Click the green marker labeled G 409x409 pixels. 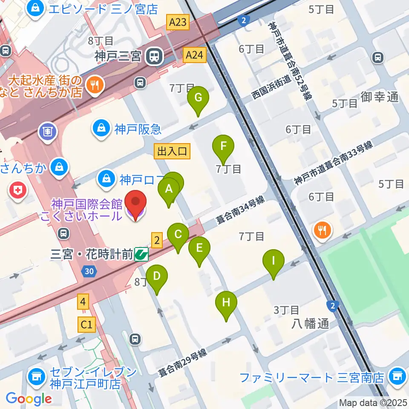coord(198,98)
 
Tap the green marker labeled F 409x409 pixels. coord(223,147)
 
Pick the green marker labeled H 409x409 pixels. coord(226,303)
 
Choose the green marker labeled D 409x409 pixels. coord(157,277)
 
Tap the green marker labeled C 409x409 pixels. coord(178,236)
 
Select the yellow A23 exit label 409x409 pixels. coord(177,22)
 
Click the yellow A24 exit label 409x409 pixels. coord(195,54)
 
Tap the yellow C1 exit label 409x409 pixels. coord(86,325)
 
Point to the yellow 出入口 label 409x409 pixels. coord(173,150)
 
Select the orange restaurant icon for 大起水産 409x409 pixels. coord(92,84)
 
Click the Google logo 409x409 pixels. coord(29,399)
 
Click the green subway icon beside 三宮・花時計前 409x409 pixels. coord(141,255)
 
